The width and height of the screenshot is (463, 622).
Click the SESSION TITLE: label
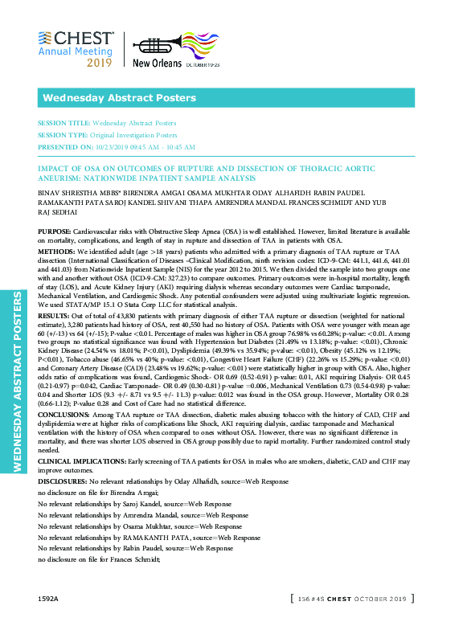pyautogui.click(x=64, y=124)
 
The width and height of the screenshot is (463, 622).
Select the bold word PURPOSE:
pyautogui.click(x=54, y=231)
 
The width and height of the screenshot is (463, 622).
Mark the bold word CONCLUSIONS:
pyautogui.click(x=64, y=412)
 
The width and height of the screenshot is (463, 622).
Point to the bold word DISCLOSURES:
pyautogui.click(x=61, y=479)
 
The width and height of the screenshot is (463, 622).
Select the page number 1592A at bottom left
pyautogui.click(x=48, y=599)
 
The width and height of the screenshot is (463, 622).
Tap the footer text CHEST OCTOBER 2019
pyautogui.click(x=372, y=599)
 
